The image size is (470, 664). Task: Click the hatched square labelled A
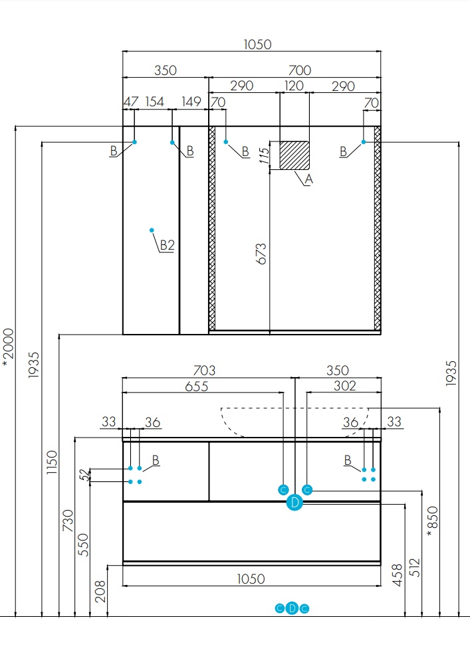[294, 155]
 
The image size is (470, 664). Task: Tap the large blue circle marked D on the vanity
[294, 503]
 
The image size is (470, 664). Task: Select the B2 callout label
[167, 245]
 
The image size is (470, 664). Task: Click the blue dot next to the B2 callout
[152, 230]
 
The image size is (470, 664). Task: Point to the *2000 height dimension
[9, 347]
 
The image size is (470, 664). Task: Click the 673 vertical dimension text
[261, 254]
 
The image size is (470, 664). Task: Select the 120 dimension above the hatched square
[294, 86]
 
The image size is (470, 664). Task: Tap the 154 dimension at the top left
[154, 102]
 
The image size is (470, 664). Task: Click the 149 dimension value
[191, 102]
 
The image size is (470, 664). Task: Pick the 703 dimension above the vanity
[204, 371]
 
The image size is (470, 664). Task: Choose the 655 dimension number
[197, 386]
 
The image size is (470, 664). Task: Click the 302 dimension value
[344, 386]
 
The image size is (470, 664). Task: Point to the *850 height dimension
[432, 521]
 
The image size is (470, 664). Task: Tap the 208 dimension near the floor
[100, 591]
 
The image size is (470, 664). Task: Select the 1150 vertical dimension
[52, 462]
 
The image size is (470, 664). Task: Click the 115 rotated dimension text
[264, 156]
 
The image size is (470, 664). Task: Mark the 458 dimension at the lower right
[397, 575]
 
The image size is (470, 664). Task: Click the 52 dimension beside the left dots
[85, 475]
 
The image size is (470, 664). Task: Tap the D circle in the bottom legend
[292, 608]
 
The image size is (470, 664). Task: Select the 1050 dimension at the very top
[257, 44]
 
